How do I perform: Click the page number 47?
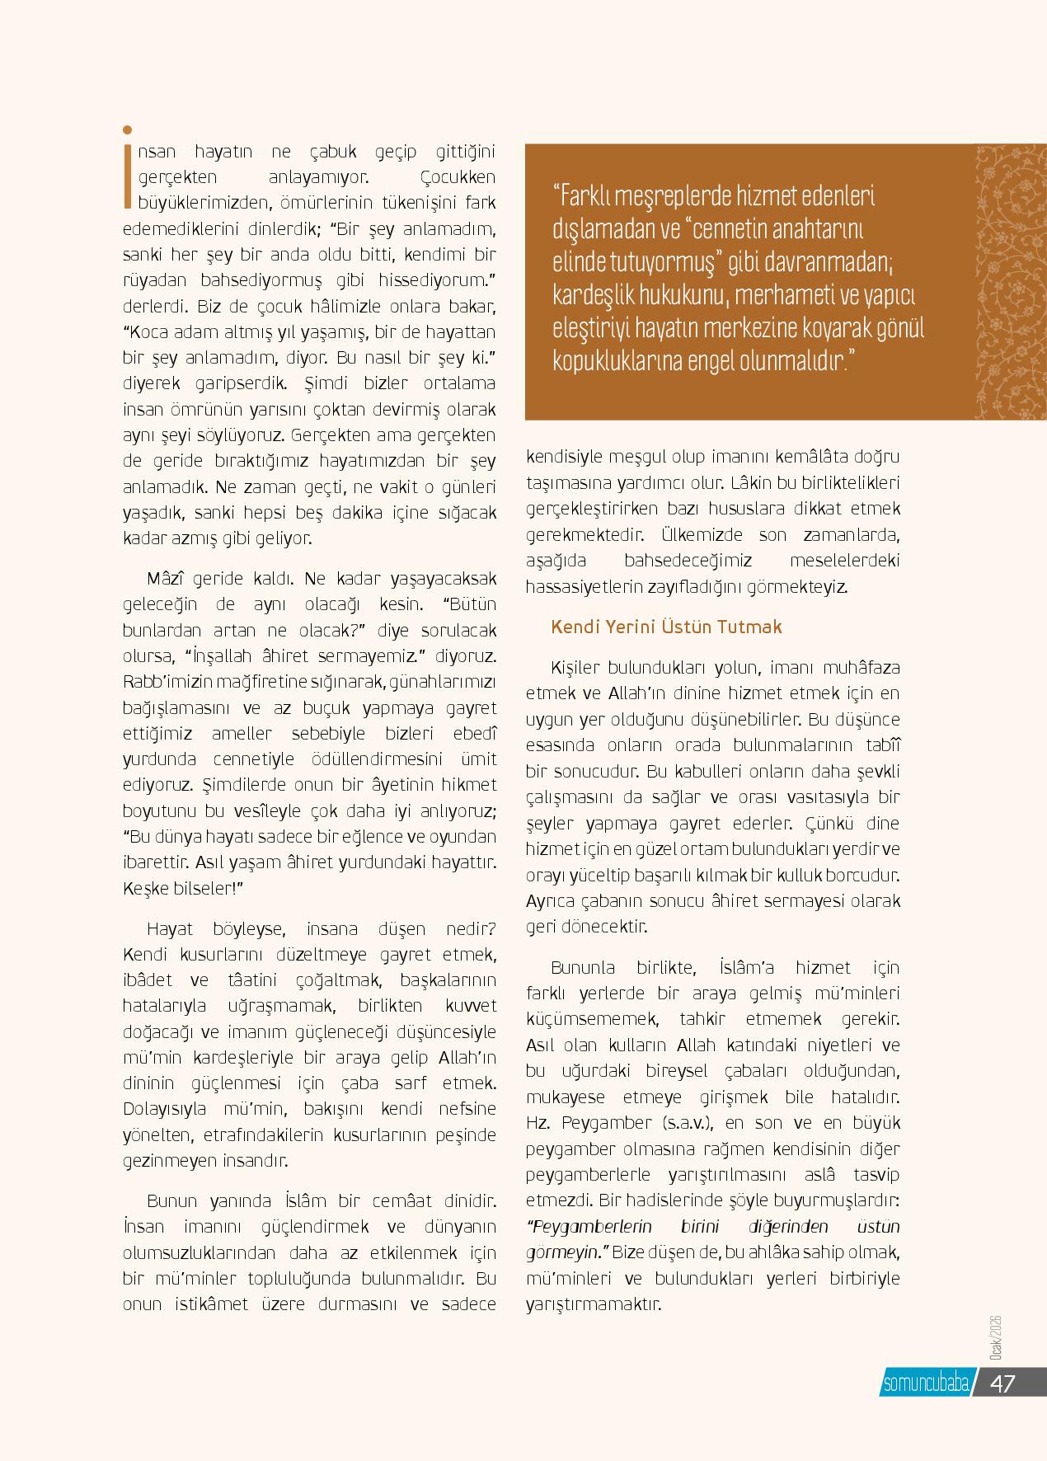coord(1002,1383)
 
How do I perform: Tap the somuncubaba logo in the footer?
coord(925,1383)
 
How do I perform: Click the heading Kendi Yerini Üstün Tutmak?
coord(666,627)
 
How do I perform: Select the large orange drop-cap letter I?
coord(127,175)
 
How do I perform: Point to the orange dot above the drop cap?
coord(127,129)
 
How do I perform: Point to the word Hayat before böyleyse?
coord(169,929)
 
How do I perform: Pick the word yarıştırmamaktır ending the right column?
coord(594,1304)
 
